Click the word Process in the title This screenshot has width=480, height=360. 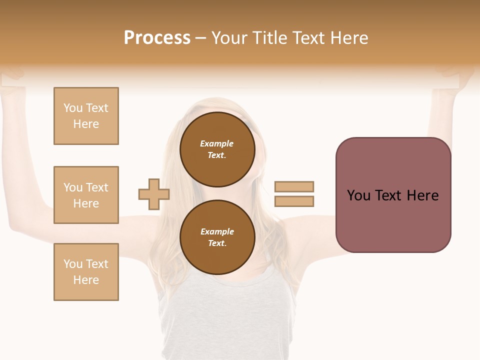pos(157,38)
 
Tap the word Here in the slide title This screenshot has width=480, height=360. pos(348,38)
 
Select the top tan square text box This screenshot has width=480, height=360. pos(86,116)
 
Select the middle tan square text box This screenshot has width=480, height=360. pos(86,195)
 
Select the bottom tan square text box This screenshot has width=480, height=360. pos(86,272)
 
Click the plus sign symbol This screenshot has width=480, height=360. pos(154,194)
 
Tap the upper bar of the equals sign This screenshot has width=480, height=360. pos(294,186)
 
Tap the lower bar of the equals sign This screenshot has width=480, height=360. pos(294,201)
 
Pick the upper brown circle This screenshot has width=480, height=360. pos(217,149)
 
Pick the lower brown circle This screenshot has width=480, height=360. pos(217,237)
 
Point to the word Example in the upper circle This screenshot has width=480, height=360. pos(216,143)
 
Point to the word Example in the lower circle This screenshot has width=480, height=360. pos(217,231)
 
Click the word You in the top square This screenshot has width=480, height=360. pos(73,108)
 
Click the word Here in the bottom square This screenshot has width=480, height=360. pos(86,280)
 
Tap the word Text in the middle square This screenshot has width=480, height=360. pos(97,187)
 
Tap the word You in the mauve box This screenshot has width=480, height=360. pos(358,195)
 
